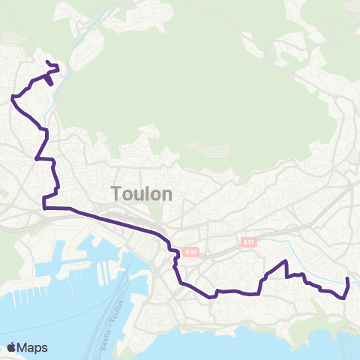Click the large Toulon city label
tap(142, 193)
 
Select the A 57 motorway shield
tap(250, 242)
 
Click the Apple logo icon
tap(12, 347)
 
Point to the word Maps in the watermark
tap(33, 347)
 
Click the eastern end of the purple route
tap(347, 279)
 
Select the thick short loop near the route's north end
tap(49, 77)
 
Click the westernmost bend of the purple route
tap(13, 97)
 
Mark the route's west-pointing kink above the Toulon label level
tap(36, 158)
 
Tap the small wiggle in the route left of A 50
tap(175, 259)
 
